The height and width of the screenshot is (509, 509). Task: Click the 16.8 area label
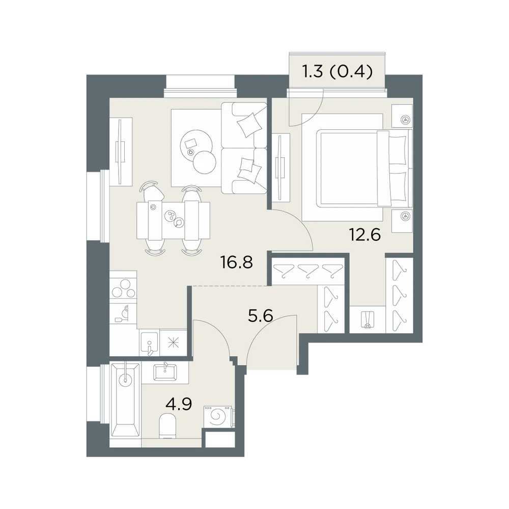tap(236, 262)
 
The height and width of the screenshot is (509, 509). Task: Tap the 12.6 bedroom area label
tap(364, 234)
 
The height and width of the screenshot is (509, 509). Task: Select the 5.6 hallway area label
tap(260, 315)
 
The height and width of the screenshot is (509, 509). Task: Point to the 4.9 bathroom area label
tap(179, 404)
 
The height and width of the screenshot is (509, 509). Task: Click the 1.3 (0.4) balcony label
tap(337, 72)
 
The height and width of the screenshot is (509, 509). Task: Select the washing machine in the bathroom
tap(218, 416)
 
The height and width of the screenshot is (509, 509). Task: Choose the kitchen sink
tap(149, 343)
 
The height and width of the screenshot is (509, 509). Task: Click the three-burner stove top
tap(123, 287)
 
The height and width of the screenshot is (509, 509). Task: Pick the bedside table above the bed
tap(402, 116)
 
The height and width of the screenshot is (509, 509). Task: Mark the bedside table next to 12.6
tap(402, 221)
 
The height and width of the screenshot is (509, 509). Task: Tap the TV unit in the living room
tap(121, 152)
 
